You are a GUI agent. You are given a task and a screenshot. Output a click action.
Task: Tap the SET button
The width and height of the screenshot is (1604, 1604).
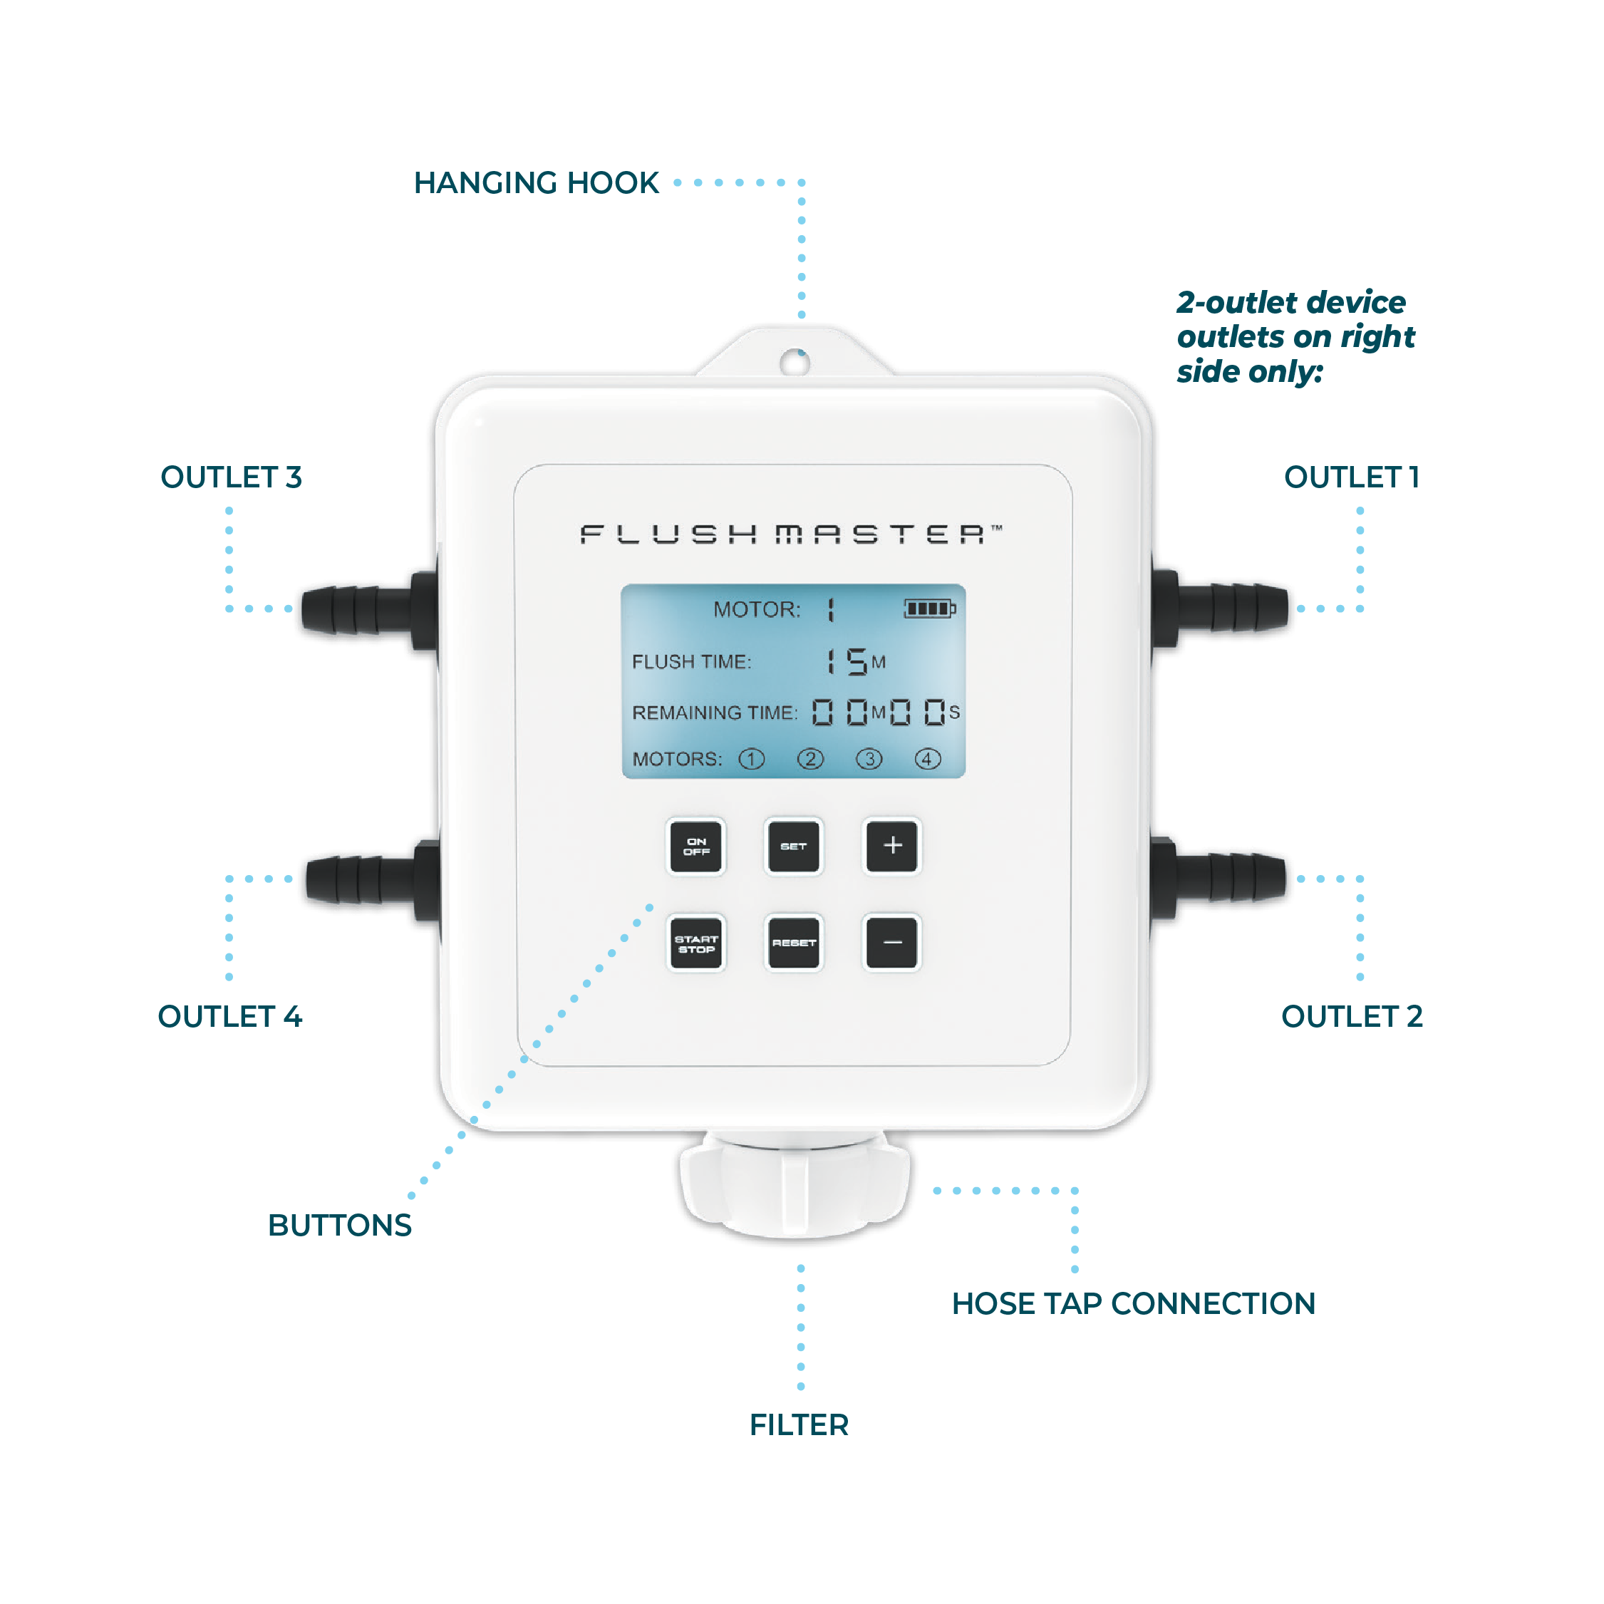point(793,846)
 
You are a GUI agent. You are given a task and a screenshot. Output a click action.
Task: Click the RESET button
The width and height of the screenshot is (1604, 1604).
point(793,943)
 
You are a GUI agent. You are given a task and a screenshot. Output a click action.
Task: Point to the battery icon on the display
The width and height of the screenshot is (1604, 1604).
point(929,609)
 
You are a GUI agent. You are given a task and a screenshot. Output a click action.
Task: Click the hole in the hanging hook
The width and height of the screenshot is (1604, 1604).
point(795,362)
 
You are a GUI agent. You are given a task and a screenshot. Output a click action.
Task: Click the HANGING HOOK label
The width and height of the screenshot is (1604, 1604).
point(537,182)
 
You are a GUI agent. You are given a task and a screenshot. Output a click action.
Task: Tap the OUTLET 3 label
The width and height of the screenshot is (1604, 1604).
point(231,477)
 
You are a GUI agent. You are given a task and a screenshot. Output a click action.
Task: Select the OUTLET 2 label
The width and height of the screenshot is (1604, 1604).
point(1352,1016)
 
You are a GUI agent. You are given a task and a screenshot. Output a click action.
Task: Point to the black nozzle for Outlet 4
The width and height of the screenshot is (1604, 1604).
point(361,880)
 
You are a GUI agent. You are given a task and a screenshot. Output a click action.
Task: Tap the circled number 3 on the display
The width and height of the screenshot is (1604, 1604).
point(869,759)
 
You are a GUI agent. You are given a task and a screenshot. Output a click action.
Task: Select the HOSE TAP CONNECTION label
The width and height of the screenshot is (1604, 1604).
point(1133,1303)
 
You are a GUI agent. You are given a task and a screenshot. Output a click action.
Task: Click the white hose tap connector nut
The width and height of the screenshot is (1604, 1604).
point(795,1187)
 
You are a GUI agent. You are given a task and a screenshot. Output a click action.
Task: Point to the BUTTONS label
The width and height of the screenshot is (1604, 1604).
point(340,1226)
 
